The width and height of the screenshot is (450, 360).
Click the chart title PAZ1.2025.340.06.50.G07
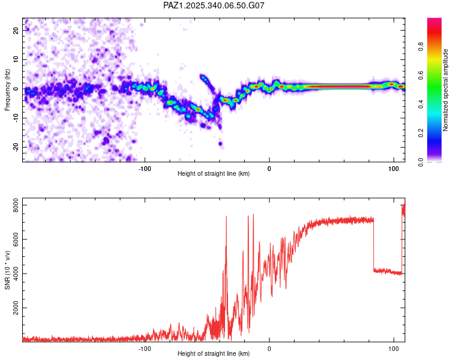(214, 5)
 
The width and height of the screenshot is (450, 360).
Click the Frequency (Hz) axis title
(7, 89)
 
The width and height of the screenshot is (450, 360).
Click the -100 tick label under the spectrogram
(144, 169)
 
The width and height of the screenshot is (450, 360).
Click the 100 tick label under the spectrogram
(394, 169)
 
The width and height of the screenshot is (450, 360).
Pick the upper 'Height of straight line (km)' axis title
(214, 174)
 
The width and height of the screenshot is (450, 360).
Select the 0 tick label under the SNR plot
(269, 349)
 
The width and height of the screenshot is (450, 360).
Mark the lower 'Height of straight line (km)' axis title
(214, 354)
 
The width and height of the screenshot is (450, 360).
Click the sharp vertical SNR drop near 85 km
(373, 246)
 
